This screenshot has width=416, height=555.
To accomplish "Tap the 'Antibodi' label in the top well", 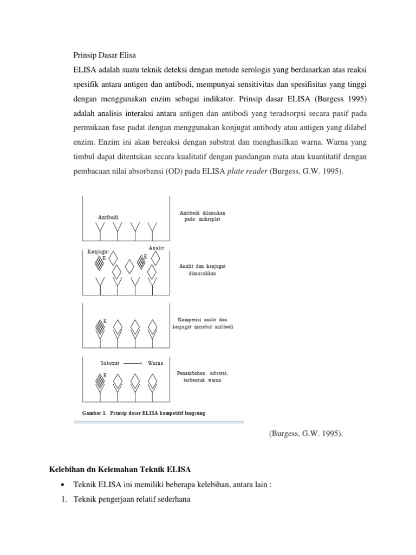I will click(x=108, y=217).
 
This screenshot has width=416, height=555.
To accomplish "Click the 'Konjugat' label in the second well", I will click(x=97, y=252).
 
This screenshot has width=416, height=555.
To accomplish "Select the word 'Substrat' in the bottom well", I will click(x=109, y=363).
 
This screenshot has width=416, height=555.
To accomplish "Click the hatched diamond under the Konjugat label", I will click(x=99, y=263).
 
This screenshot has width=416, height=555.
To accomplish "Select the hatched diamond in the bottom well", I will click(x=100, y=381).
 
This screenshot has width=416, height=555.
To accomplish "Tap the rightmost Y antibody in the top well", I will click(x=153, y=231).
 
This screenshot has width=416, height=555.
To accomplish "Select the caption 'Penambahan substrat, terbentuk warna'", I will click(x=203, y=376).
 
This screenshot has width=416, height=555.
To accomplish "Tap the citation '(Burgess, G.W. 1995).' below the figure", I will click(x=305, y=435).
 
